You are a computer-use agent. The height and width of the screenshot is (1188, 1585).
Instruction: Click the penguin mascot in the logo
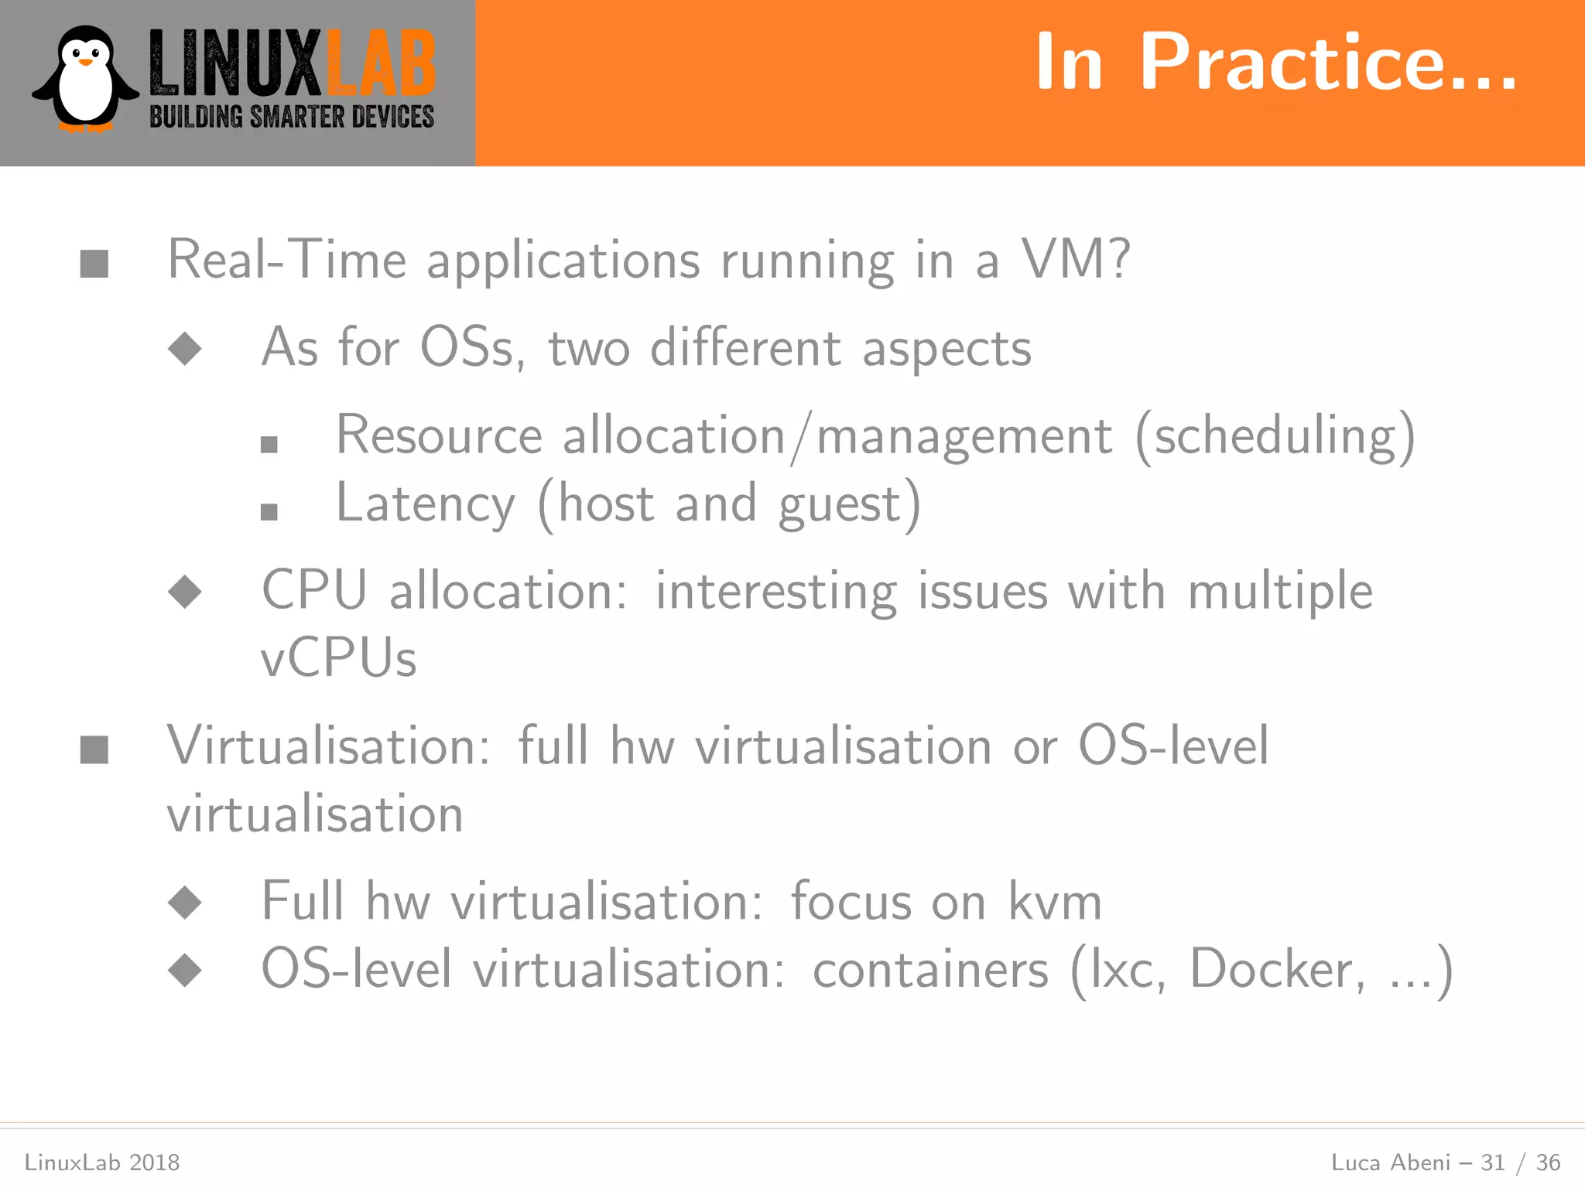click(85, 80)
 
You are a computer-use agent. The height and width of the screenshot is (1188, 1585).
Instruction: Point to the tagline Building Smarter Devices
click(292, 117)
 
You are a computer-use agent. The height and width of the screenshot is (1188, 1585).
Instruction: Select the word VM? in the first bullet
click(1077, 259)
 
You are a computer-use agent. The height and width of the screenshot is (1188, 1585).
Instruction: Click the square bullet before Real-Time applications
click(94, 264)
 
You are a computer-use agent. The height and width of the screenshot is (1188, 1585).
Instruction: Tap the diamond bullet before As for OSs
click(185, 349)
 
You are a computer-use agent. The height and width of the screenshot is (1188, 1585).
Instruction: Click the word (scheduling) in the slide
click(1275, 436)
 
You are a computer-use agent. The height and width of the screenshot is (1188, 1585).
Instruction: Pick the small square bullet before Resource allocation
click(269, 445)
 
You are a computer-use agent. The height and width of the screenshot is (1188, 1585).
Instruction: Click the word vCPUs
click(339, 659)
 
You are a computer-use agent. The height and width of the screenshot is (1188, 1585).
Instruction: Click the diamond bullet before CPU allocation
click(185, 592)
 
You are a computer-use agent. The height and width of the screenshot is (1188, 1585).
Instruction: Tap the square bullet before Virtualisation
click(94, 749)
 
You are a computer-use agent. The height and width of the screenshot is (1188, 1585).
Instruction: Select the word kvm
click(1055, 902)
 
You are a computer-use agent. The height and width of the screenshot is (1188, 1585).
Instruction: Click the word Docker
click(1272, 969)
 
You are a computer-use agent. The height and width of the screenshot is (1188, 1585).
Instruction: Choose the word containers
click(931, 970)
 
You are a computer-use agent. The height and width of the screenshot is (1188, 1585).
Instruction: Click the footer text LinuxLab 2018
click(102, 1162)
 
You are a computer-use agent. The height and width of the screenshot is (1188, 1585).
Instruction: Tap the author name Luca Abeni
click(1390, 1162)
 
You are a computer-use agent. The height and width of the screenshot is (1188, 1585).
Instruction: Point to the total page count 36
click(1548, 1162)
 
